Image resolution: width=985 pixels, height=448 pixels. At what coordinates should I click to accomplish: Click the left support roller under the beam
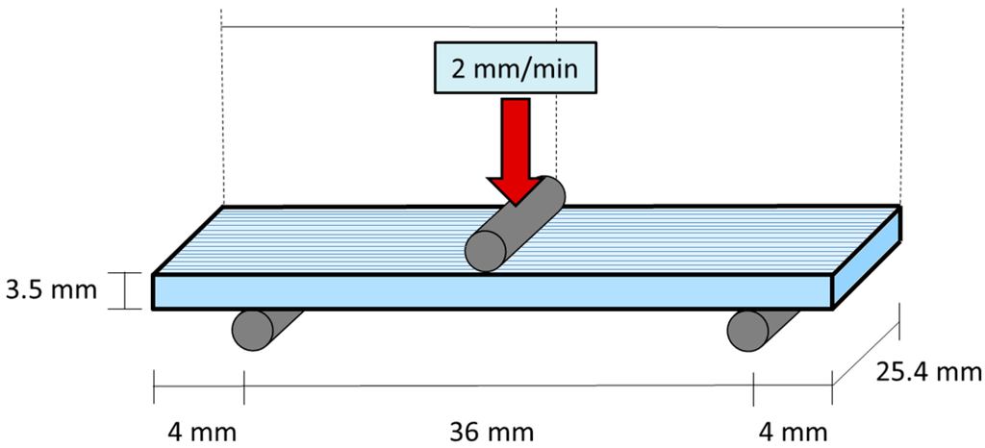point(256,330)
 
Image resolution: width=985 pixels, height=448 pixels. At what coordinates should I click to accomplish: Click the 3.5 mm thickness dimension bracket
point(125,291)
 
